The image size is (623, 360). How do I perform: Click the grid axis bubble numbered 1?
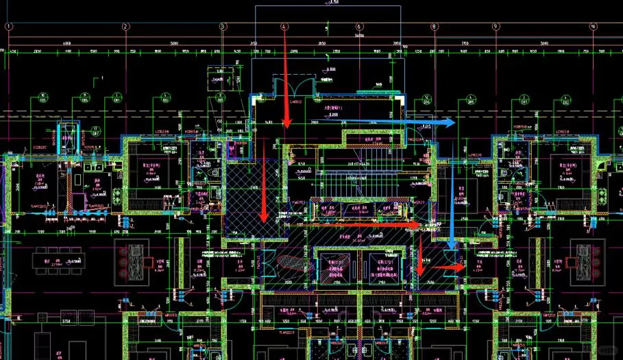(9, 27)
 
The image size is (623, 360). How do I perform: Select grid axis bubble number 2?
(126, 27)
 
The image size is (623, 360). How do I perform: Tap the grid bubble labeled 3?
(223, 27)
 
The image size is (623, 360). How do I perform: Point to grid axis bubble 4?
(284, 27)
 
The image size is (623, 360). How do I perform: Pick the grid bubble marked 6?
(359, 27)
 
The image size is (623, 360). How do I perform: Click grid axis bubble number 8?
(434, 27)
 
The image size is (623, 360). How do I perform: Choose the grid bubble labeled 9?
(495, 27)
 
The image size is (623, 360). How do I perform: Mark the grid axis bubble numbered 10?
(593, 27)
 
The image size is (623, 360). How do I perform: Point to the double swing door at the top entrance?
(287, 89)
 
